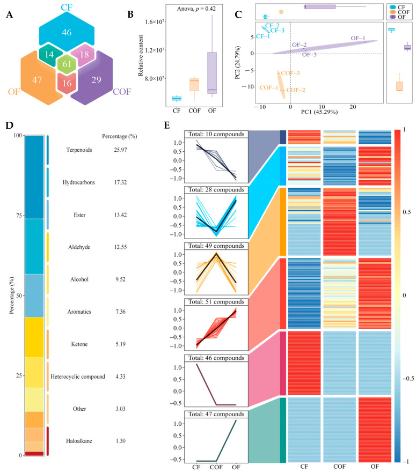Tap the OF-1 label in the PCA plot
click(358, 38)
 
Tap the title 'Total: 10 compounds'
click(216, 134)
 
